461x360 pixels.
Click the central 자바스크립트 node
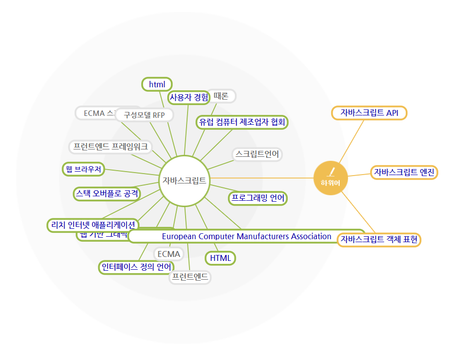(184, 180)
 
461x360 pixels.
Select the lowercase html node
(157, 84)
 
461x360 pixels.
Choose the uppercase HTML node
(220, 258)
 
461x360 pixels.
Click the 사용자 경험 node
(189, 98)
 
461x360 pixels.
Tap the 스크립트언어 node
(257, 154)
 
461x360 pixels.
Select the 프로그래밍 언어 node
(258, 198)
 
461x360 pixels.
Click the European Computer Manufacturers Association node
(246, 236)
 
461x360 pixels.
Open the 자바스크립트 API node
(369, 113)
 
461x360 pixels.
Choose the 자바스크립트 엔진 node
(404, 172)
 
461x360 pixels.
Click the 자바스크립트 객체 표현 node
(379, 240)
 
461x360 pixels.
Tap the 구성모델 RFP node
(144, 115)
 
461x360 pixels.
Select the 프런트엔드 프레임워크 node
(111, 146)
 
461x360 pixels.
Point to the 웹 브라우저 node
(83, 169)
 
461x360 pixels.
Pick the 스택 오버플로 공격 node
(107, 193)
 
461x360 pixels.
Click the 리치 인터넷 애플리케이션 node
(93, 225)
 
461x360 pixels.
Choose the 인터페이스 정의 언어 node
(136, 267)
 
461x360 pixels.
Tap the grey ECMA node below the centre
(169, 254)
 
